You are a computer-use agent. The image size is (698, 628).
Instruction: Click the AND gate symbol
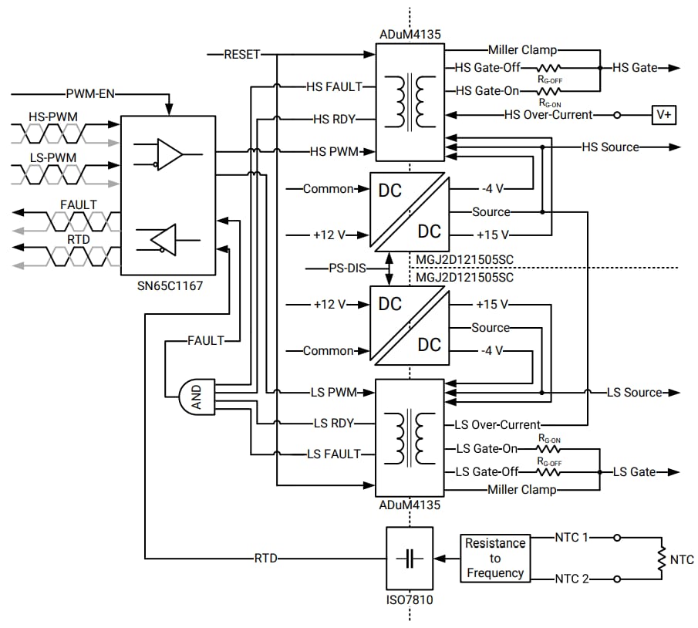pos(196,396)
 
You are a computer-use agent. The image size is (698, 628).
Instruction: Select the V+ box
pos(663,114)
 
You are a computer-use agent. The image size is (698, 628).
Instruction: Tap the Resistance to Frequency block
pos(494,558)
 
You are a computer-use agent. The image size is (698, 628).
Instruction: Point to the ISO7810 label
pos(409,598)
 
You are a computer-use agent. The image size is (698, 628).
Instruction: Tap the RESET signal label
pos(241,55)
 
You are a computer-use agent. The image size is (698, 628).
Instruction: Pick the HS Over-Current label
pos(548,115)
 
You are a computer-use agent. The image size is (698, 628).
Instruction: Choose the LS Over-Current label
pos(497,424)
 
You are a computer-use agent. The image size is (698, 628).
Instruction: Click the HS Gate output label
pos(635,68)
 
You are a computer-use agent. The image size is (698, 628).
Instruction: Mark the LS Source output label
pos(634,393)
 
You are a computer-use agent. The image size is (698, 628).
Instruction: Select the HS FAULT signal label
pos(334,87)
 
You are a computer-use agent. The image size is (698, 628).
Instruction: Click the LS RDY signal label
pos(333,423)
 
